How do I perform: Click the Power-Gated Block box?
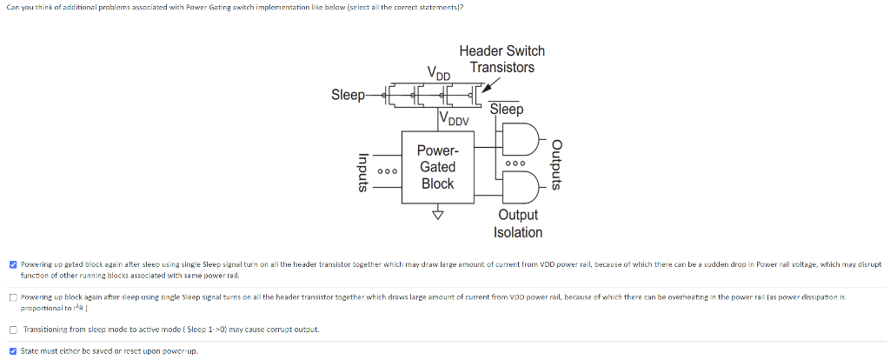[x=437, y=167]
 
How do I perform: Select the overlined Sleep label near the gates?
[x=507, y=110]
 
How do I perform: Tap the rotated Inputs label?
[x=365, y=171]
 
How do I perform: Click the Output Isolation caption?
[x=518, y=223]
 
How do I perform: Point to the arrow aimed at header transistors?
[x=489, y=84]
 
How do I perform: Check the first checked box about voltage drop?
[x=13, y=263]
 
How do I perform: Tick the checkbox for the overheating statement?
[x=13, y=297]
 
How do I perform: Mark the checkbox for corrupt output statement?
[x=13, y=330]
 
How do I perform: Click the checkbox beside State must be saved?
[x=13, y=351]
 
